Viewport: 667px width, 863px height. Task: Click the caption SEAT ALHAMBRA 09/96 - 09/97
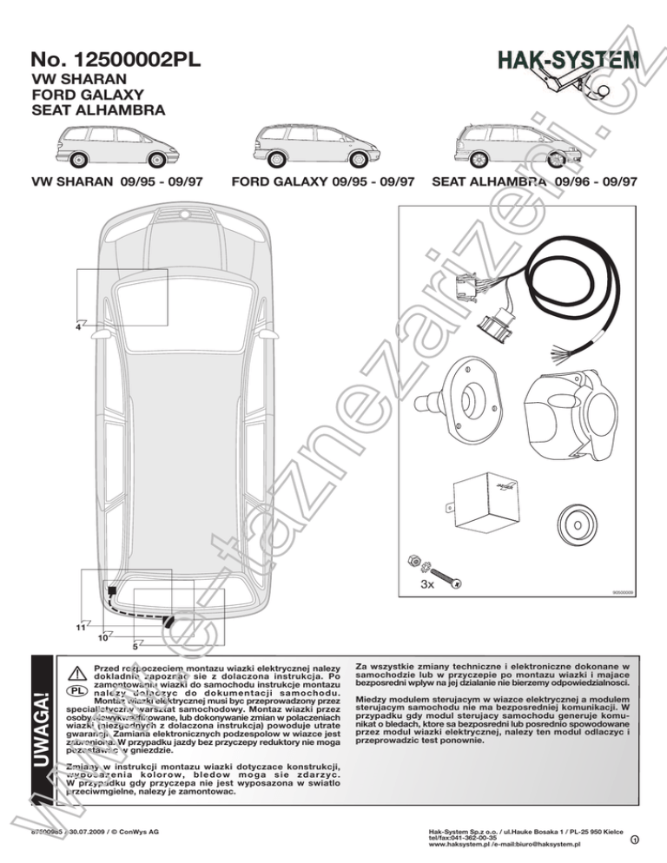click(x=533, y=182)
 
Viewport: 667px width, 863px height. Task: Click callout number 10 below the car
click(x=102, y=637)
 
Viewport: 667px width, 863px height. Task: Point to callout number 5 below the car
click(x=135, y=646)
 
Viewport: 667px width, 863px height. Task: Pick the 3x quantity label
click(x=426, y=585)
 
